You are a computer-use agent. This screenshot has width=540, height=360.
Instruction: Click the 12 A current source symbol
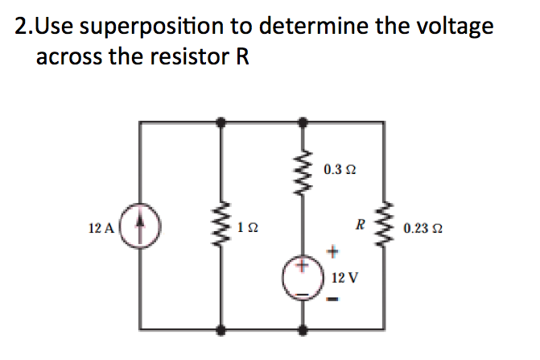142,228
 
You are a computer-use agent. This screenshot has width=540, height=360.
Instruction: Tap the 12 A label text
101,229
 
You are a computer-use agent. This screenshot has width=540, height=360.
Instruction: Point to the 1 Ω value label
248,229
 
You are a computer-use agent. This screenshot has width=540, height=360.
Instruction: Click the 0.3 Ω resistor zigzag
303,171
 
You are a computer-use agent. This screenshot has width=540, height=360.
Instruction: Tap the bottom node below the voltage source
303,329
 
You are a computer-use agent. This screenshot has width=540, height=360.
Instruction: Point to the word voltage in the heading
451,27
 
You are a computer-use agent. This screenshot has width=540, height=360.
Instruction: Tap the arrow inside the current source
142,227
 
